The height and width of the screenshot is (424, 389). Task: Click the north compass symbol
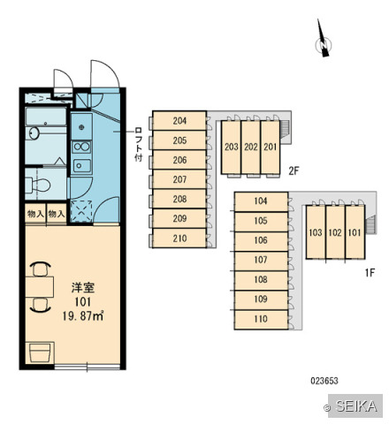tap(324, 44)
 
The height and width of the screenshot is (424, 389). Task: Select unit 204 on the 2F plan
tap(179, 121)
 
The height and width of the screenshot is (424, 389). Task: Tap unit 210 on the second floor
tap(179, 238)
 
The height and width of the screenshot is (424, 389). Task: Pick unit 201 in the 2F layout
tap(270, 147)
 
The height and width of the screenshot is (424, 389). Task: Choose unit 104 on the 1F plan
tap(261, 201)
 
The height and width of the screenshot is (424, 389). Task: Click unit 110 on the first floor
tap(261, 319)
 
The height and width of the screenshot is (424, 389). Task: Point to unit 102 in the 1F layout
tap(335, 232)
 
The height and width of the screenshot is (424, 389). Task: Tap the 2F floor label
tap(294, 170)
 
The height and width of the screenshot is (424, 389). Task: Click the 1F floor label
tap(370, 273)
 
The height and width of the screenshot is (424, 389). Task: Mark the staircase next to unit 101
tap(371, 224)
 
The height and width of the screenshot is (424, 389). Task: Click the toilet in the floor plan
tap(38, 185)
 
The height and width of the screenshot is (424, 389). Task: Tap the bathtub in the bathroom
tap(46, 117)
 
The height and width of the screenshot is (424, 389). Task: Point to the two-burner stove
tap(81, 147)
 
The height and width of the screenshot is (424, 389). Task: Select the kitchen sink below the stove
tap(82, 166)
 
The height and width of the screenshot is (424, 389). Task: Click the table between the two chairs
tap(40, 287)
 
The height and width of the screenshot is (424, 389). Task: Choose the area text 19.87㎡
tap(83, 316)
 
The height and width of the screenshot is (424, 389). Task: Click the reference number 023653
tap(324, 381)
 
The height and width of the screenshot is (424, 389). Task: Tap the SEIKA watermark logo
tap(355, 405)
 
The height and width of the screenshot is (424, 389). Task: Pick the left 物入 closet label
tap(35, 214)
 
